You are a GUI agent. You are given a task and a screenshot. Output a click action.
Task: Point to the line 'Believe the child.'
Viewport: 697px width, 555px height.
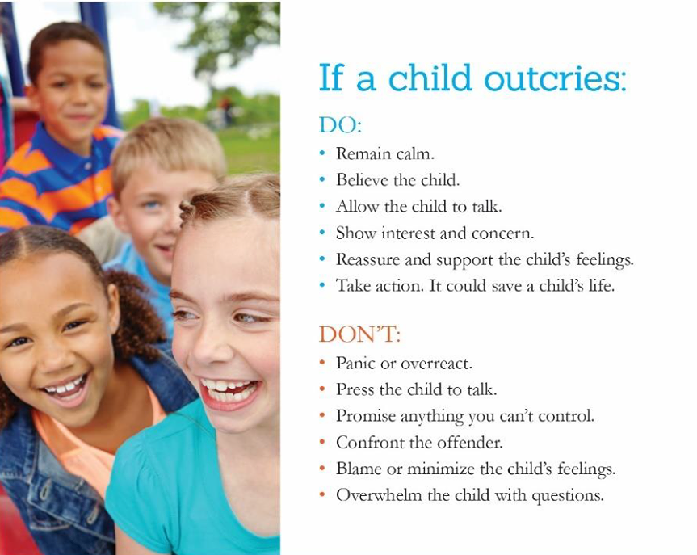pos(397,179)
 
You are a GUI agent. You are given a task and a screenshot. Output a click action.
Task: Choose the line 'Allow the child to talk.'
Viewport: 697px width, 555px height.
pos(418,206)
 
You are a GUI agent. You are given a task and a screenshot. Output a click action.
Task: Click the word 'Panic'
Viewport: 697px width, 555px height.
pos(355,363)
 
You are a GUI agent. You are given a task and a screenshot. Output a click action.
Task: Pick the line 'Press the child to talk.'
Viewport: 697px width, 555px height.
pos(416,389)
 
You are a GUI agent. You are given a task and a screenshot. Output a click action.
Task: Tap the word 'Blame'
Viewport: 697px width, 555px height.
pos(358,469)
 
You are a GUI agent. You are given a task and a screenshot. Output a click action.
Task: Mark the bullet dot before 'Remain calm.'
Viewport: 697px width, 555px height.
pos(323,153)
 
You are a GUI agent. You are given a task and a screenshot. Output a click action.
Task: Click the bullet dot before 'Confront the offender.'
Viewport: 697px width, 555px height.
pos(323,442)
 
